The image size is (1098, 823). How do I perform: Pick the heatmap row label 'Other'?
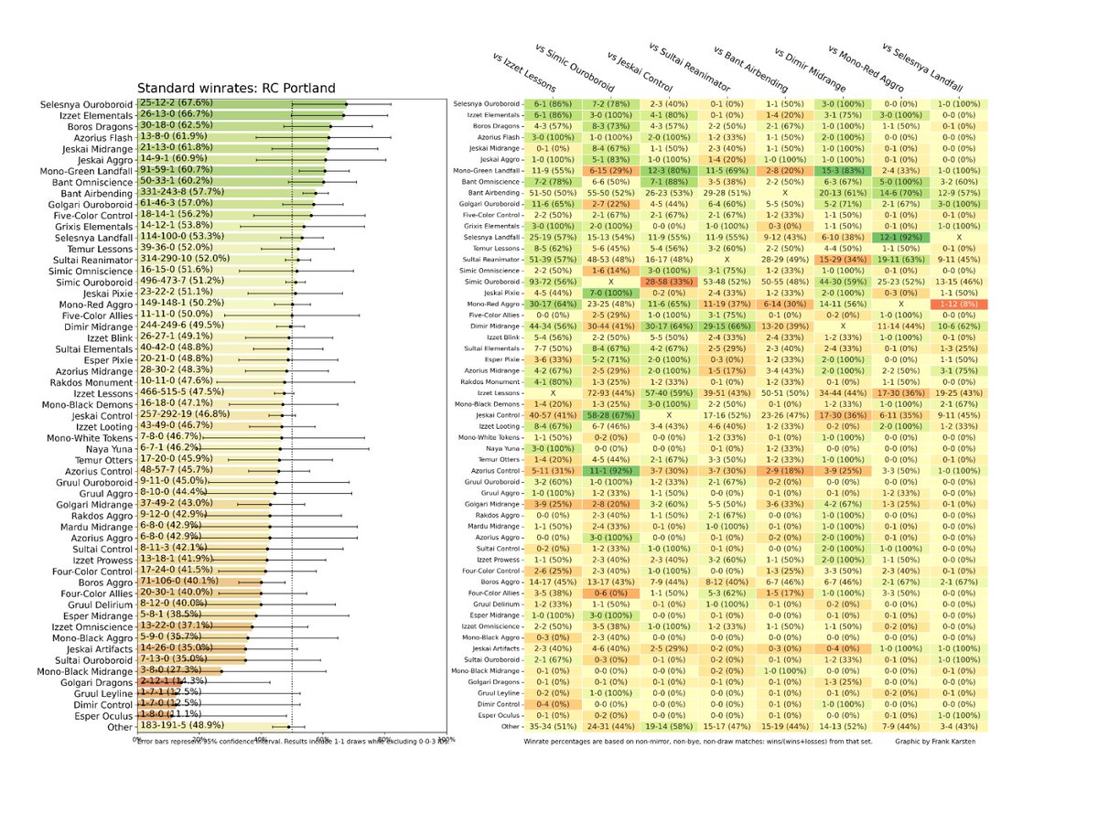(x=509, y=725)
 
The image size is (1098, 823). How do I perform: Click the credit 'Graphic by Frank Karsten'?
(x=935, y=741)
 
